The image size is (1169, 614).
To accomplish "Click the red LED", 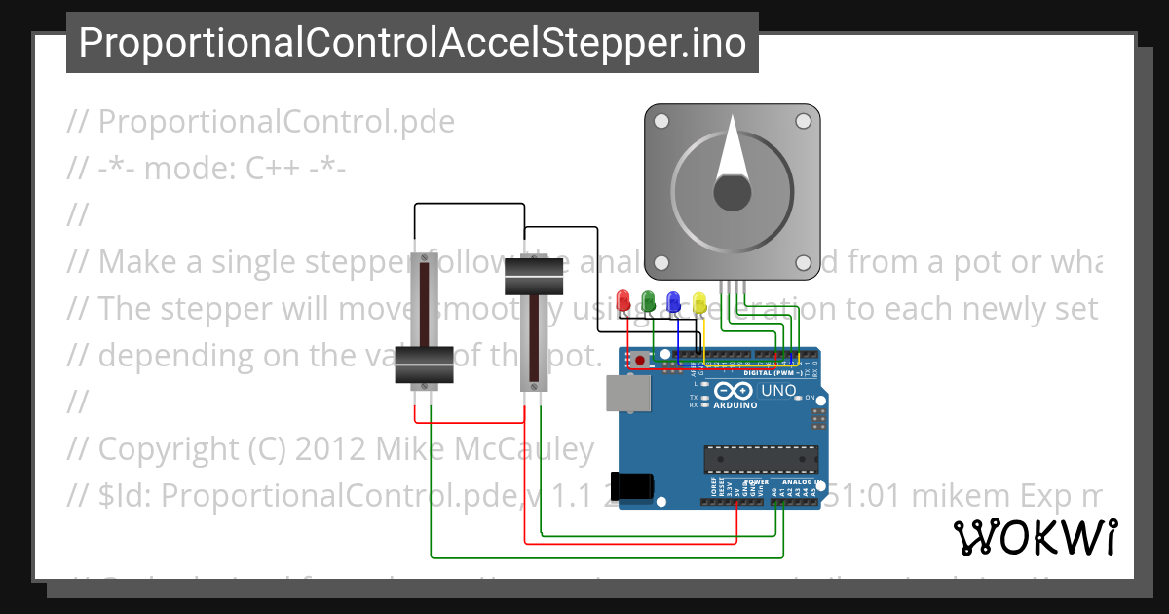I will coord(624,301).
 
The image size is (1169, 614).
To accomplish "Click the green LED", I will coord(649,301).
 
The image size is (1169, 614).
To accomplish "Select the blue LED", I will coord(673,301).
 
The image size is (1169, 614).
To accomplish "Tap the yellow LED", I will coord(698,301).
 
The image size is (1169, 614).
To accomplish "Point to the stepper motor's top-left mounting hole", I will coord(660,122).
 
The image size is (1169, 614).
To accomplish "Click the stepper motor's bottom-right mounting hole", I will coord(803,263).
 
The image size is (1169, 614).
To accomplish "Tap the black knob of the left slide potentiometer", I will coord(425,365).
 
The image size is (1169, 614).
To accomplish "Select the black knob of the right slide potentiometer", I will coord(535,280).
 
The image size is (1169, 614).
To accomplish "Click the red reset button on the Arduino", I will coord(639,360).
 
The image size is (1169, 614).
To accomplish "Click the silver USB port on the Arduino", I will coord(627,394).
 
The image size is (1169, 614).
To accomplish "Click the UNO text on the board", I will coord(778,391).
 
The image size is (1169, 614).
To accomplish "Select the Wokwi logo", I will coord(1035,537).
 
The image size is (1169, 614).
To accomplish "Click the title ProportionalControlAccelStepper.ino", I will coord(412,43).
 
